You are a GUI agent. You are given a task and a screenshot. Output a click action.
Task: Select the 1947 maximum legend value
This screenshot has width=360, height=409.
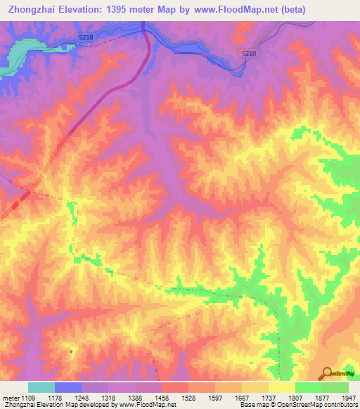pyautogui.click(x=347, y=397)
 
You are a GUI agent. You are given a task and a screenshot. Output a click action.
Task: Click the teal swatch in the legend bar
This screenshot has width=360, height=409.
pyautogui.click(x=41, y=387)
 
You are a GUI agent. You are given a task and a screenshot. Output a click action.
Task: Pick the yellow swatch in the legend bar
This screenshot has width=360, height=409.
pyautogui.click(x=281, y=387)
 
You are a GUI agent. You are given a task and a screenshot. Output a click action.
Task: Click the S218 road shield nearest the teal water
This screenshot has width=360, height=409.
pyautogui.click(x=86, y=37)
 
